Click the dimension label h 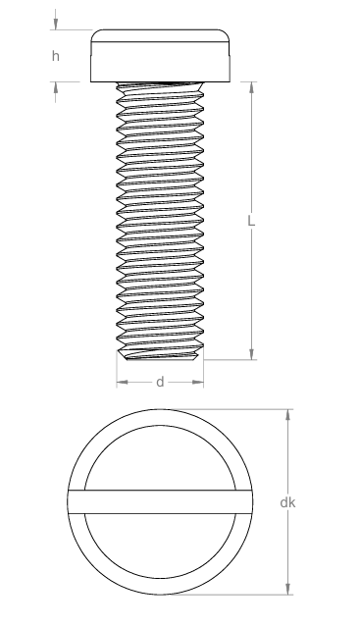(x=56, y=56)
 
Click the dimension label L (x=251, y=221)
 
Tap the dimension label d (x=160, y=382)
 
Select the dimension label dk (x=287, y=502)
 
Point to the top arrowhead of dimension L (x=251, y=87)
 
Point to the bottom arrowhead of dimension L (x=251, y=354)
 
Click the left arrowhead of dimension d (x=123, y=382)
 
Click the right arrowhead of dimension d (x=198, y=382)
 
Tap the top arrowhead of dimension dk (x=287, y=415)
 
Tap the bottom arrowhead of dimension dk (x=287, y=589)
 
